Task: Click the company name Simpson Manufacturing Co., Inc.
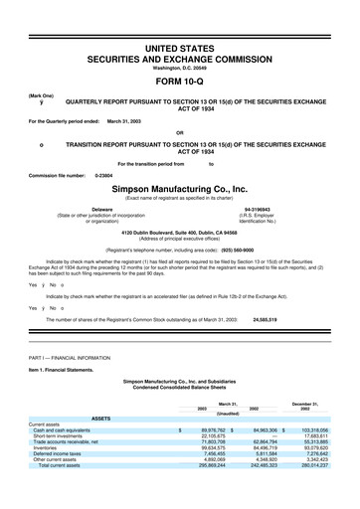pyautogui.click(x=179, y=187)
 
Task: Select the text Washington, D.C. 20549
pyautogui.click(x=179, y=67)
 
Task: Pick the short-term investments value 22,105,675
pyautogui.click(x=207, y=436)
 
